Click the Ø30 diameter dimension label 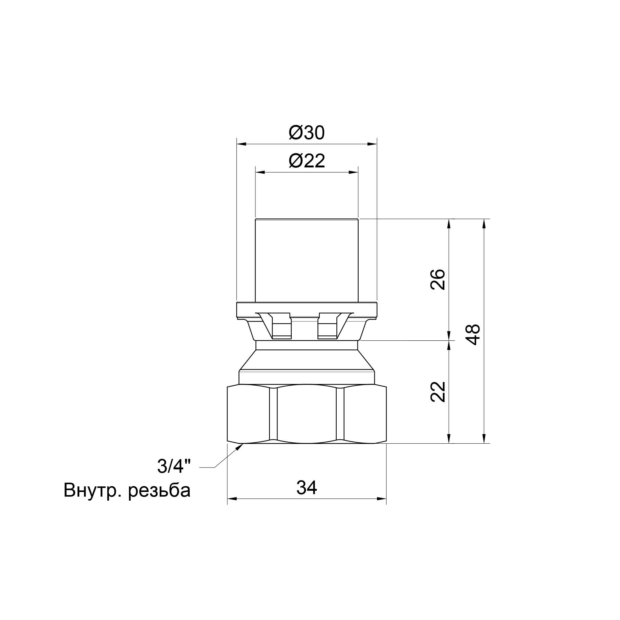(307, 133)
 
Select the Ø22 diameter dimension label (307, 161)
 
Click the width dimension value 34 (307, 488)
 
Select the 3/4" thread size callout (174, 466)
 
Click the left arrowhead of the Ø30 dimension (241, 144)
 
